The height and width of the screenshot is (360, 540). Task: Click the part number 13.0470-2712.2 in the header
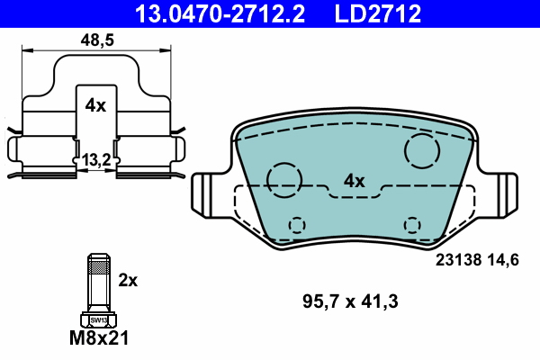tap(220, 13)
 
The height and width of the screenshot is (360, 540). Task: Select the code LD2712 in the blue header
tap(378, 13)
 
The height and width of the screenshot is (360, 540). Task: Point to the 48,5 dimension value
tap(97, 40)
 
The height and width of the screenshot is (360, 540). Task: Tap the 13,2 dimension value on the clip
tap(96, 160)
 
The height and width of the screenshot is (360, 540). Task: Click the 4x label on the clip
tap(95, 105)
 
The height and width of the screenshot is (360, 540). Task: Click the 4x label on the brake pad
tap(354, 181)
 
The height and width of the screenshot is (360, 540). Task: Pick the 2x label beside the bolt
tap(128, 280)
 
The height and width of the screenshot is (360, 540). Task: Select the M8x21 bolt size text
tap(99, 337)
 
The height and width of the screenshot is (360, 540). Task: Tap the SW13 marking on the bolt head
tap(98, 320)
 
